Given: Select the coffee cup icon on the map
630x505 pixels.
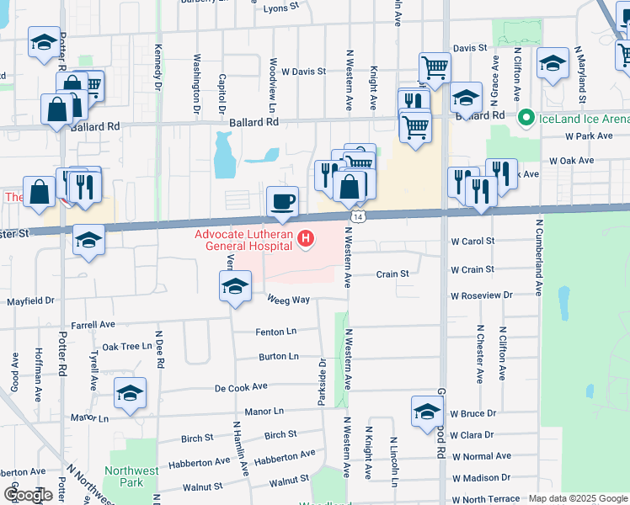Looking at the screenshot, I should pyautogui.click(x=282, y=202).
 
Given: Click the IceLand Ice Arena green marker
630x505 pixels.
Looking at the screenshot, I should pyautogui.click(x=526, y=118).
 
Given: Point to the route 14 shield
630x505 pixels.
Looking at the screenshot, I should pyautogui.click(x=358, y=217).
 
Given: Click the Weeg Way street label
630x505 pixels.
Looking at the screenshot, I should pyautogui.click(x=289, y=300).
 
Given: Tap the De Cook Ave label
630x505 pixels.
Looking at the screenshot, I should pyautogui.click(x=241, y=387).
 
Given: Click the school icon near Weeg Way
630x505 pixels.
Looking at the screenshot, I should pyautogui.click(x=235, y=286).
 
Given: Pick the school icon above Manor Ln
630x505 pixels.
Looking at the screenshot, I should pyautogui.click(x=130, y=394).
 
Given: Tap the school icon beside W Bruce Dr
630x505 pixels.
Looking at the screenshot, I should pyautogui.click(x=428, y=412).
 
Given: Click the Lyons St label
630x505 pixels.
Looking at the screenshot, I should pyautogui.click(x=282, y=7).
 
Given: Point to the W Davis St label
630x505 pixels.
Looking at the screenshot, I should pyautogui.click(x=303, y=72).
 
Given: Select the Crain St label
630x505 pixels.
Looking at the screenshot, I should pyautogui.click(x=392, y=274).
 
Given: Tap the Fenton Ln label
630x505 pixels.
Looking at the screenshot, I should pyautogui.click(x=278, y=332).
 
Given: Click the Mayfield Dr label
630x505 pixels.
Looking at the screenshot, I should pyautogui.click(x=30, y=300).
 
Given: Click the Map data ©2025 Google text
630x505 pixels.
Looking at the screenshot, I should pyautogui.click(x=577, y=498).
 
